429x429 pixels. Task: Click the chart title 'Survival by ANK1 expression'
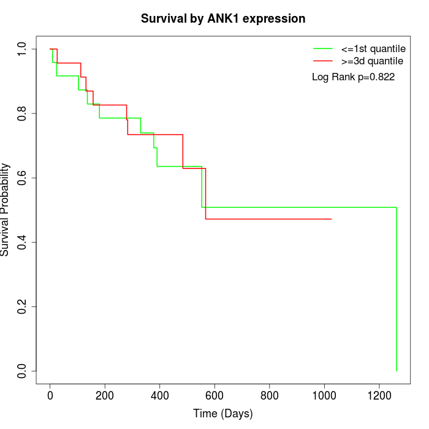point(223,18)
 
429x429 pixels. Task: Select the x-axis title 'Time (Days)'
point(223,414)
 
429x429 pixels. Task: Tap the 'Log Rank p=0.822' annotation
point(353,77)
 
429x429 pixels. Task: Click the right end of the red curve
point(331,219)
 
